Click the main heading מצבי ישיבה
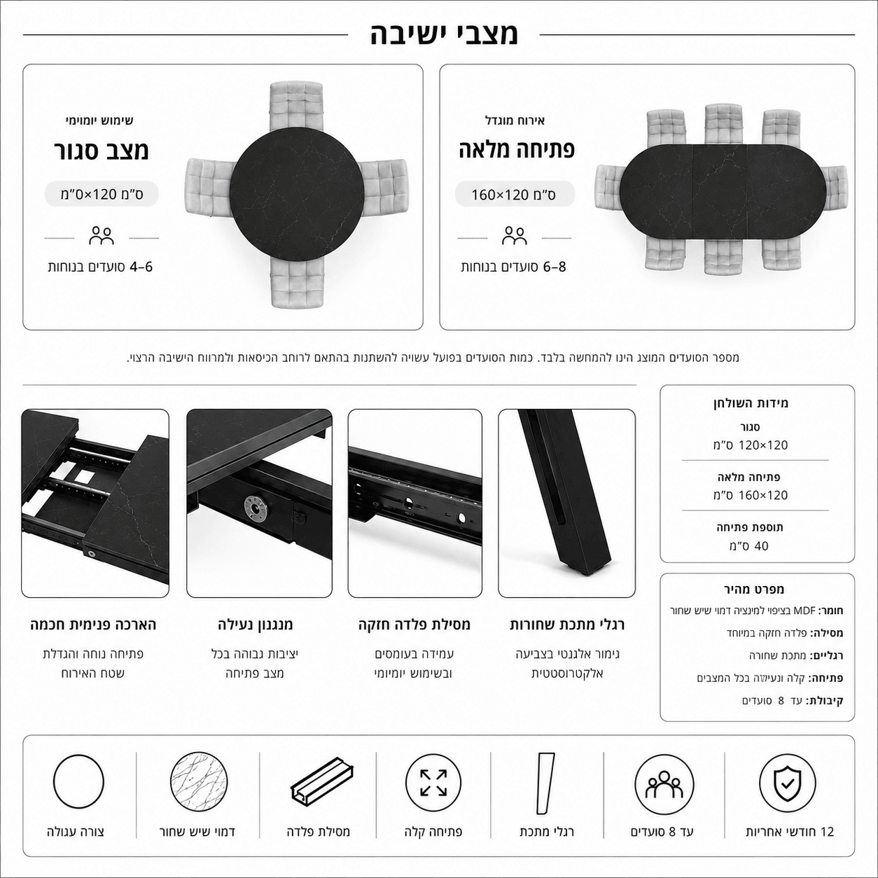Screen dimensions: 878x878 [443, 34]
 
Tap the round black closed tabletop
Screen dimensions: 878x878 [297, 195]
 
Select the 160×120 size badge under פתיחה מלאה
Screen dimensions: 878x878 [515, 195]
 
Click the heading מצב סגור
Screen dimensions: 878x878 [101, 151]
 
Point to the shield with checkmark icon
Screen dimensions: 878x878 [788, 783]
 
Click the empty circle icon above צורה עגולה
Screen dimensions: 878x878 [78, 782]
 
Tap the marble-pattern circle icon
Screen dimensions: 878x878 [199, 782]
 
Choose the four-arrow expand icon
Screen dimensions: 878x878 [433, 783]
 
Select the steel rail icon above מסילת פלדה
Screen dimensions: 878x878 [322, 783]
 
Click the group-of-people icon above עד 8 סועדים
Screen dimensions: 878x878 [664, 783]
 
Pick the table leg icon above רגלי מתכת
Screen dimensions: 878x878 [545, 783]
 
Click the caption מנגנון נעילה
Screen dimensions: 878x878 [255, 625]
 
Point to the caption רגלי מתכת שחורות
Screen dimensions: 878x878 [567, 625]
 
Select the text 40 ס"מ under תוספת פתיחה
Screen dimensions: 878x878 [749, 546]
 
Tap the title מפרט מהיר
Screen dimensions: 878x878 [754, 589]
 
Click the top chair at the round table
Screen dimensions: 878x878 [296, 106]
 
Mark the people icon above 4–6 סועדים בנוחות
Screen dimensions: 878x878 [101, 235]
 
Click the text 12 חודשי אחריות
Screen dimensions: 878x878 [790, 832]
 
